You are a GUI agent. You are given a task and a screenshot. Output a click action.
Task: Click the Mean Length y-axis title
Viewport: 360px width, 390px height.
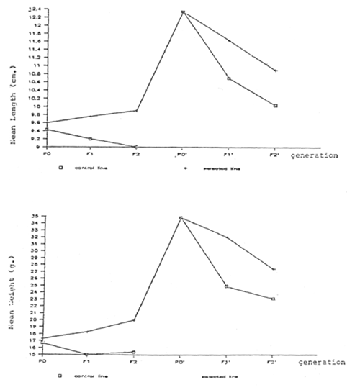pyautogui.click(x=12, y=114)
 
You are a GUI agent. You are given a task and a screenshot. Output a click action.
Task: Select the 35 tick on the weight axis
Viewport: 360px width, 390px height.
pyautogui.click(x=33, y=217)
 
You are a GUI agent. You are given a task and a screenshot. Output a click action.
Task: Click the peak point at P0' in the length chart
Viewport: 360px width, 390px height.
pyautogui.click(x=183, y=12)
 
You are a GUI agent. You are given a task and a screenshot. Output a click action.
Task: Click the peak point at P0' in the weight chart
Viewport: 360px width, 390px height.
pyautogui.click(x=181, y=217)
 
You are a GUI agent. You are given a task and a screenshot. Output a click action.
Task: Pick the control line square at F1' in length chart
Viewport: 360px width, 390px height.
pyautogui.click(x=229, y=78)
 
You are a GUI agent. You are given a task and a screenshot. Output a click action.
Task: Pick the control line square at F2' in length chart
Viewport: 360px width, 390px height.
pyautogui.click(x=275, y=106)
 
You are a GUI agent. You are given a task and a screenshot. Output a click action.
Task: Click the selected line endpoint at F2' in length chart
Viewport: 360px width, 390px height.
pyautogui.click(x=275, y=71)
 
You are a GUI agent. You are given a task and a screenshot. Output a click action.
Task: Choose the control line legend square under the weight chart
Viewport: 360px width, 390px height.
pyautogui.click(x=60, y=374)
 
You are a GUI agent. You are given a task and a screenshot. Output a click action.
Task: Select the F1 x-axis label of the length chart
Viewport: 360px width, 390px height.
pyautogui.click(x=89, y=154)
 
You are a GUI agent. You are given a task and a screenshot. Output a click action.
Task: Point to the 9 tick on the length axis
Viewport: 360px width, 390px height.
pyautogui.click(x=36, y=147)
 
